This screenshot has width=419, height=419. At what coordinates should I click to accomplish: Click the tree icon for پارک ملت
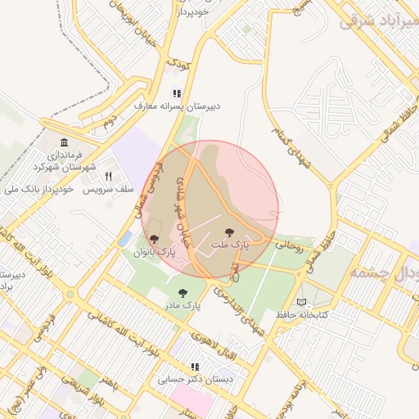coord(228,232)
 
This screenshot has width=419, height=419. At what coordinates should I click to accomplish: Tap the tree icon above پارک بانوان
coord(154,239)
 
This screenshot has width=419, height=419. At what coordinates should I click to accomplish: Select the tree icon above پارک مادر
coord(182,292)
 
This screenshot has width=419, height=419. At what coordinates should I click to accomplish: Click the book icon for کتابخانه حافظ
coord(302,303)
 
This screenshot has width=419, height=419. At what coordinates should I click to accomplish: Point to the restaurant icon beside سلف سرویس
coord(107,176)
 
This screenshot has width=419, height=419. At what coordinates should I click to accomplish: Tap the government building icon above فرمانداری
coord(65,142)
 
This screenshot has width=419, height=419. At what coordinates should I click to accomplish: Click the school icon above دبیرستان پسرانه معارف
coord(175,94)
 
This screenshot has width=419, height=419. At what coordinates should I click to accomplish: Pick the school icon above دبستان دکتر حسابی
coord(195,367)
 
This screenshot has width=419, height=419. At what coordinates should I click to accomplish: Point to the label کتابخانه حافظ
coord(301,315)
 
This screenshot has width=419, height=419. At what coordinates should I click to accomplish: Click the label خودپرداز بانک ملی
coord(39,189)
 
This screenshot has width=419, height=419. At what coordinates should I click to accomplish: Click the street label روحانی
coord(287,243)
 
